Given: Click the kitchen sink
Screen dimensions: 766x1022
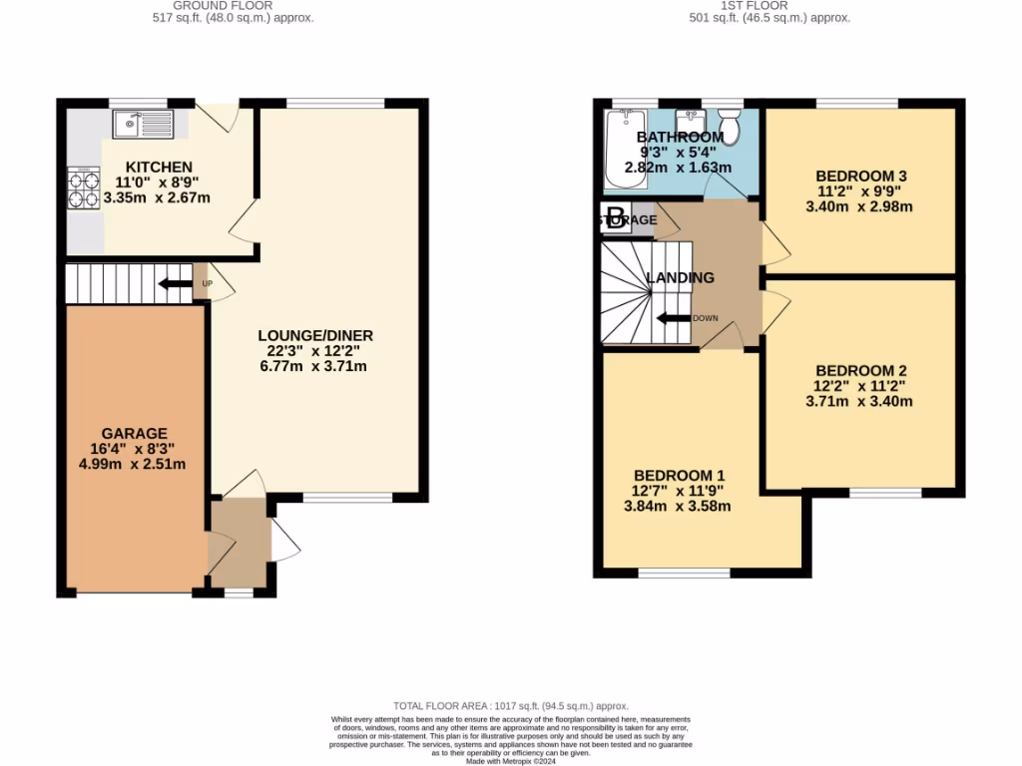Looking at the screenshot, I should click(x=144, y=124).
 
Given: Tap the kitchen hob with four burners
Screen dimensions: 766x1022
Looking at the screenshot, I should click(x=83, y=190).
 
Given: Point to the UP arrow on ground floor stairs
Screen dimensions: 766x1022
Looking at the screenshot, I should click(x=177, y=283).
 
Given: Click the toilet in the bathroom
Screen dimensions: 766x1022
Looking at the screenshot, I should click(x=731, y=127).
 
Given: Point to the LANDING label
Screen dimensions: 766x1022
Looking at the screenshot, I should click(x=680, y=278).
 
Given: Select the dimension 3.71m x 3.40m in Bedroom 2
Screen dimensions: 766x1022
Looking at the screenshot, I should click(x=859, y=402).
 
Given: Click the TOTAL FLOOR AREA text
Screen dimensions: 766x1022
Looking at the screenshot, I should click(x=511, y=706).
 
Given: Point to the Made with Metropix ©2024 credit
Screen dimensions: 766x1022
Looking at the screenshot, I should click(x=511, y=760).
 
